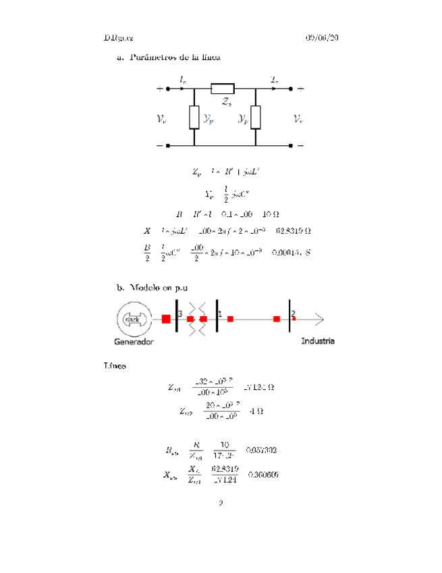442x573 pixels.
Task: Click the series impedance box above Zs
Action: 223,88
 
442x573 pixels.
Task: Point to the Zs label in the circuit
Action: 227,102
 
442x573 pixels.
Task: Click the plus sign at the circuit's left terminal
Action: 159,88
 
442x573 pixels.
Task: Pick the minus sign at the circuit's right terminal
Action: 300,145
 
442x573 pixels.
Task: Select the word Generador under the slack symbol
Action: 133,342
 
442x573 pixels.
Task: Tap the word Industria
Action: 317,341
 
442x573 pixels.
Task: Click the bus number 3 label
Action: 180,314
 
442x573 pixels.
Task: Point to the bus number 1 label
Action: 220,314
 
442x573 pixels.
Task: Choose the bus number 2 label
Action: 294,314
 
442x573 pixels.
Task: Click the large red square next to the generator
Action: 166,319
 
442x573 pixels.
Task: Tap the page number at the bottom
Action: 221,503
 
